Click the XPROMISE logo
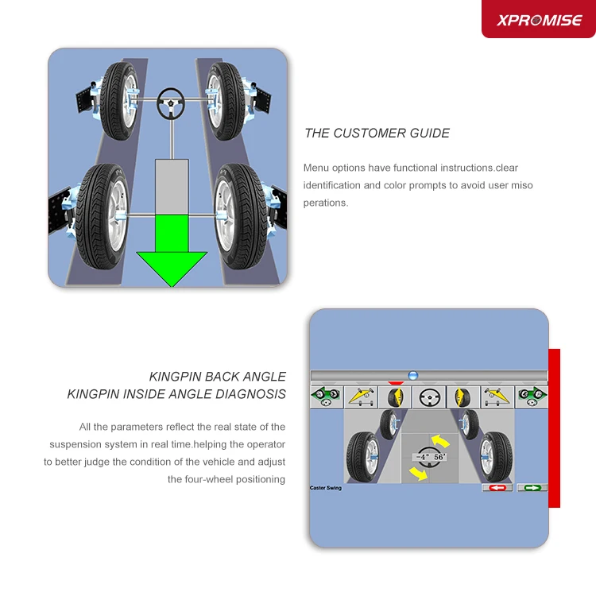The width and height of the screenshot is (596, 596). tap(539, 21)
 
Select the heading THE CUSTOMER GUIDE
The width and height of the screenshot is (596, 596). tap(377, 134)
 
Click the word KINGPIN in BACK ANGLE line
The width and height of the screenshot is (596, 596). tap(176, 377)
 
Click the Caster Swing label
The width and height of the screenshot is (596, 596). tap(326, 488)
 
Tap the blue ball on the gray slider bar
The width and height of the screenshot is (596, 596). tap(412, 375)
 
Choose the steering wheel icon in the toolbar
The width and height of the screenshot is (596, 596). tap(429, 396)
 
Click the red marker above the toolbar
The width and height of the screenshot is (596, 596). tap(397, 383)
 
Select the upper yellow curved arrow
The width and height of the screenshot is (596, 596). tap(440, 440)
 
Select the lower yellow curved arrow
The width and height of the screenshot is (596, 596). tap(416, 474)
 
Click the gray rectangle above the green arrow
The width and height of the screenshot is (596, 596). tap(172, 185)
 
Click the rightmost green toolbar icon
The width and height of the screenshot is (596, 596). tap(532, 396)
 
